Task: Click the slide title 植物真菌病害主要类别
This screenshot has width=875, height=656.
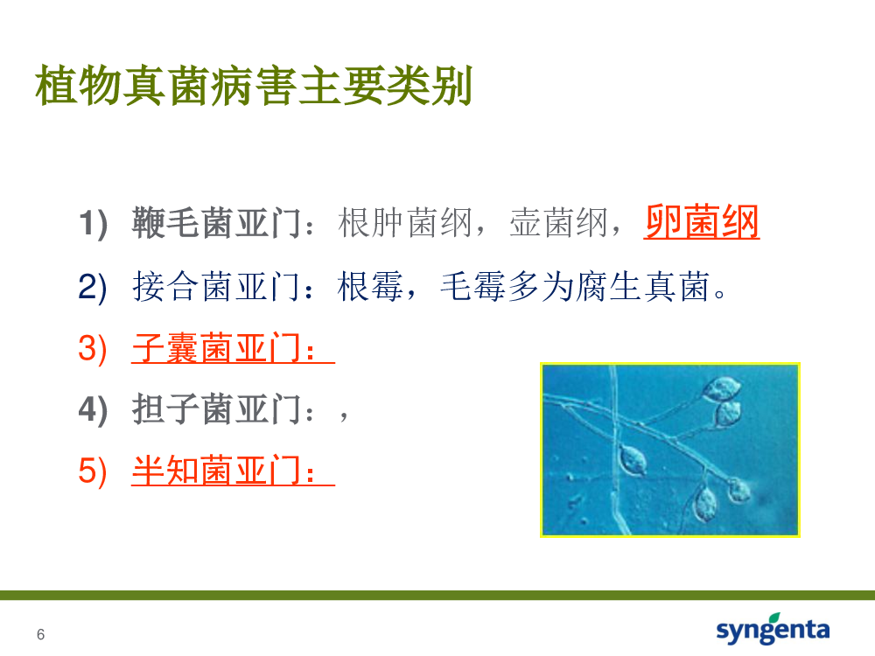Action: coord(254,86)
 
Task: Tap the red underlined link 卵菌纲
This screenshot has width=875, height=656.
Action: coord(702,222)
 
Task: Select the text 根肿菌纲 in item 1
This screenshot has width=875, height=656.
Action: coord(405,222)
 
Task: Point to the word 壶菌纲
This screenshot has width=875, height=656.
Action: coord(558,222)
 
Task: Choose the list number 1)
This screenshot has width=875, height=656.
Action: coord(93,224)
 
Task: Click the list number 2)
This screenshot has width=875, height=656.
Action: coord(93,287)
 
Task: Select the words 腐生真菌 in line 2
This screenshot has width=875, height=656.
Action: coord(642,286)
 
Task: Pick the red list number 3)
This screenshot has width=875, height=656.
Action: coord(93,349)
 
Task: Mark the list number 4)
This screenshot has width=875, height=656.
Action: coord(93,410)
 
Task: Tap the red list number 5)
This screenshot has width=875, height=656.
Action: coord(93,471)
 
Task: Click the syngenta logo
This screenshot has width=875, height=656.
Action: coord(773,629)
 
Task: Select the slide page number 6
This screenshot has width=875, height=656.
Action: coord(41,634)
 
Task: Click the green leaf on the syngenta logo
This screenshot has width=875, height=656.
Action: coord(774,618)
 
